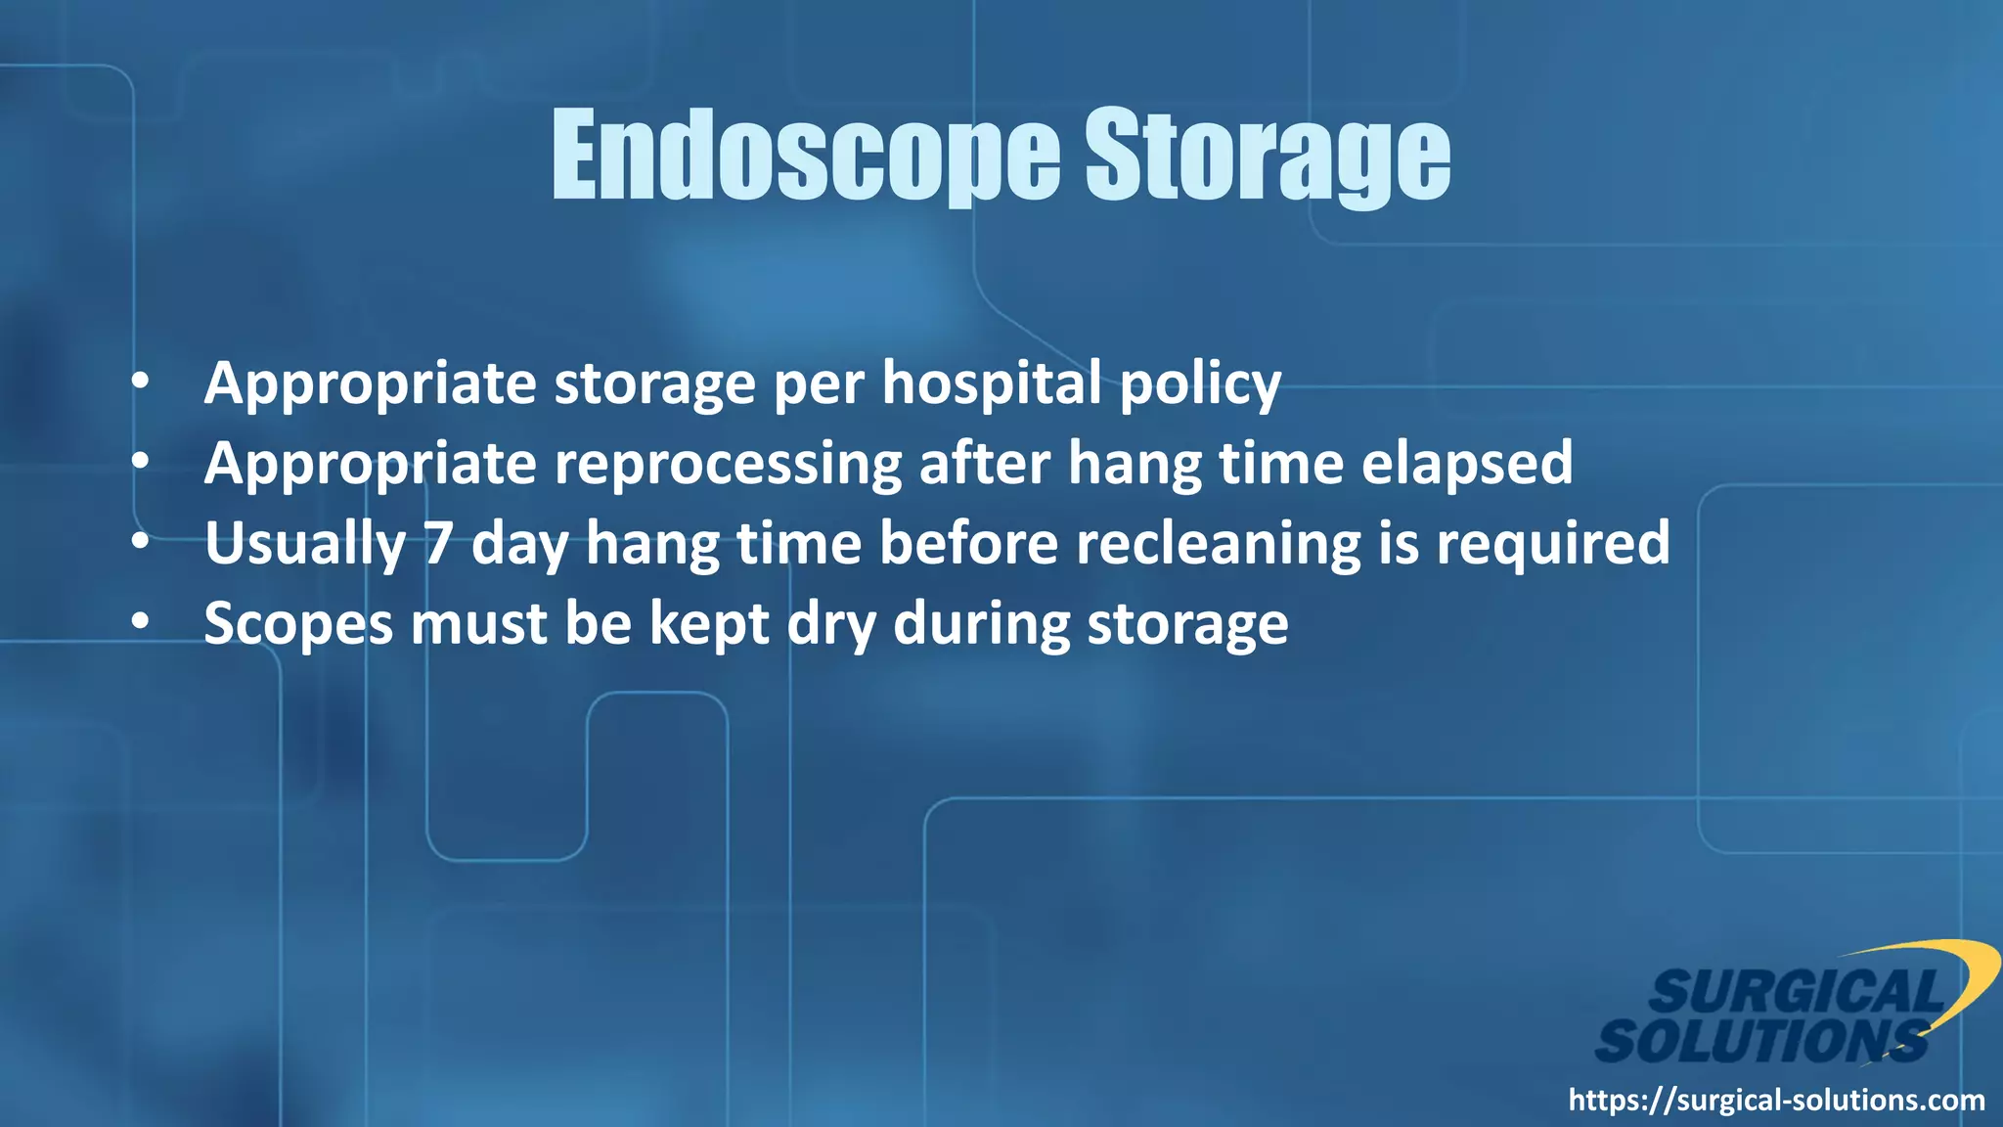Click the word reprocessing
(x=728, y=464)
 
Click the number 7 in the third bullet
(x=438, y=544)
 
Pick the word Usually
(x=304, y=544)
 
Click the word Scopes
(x=297, y=624)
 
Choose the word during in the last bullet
(x=981, y=624)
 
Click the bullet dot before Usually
(x=141, y=541)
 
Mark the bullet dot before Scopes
(x=141, y=621)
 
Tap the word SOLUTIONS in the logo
(x=1760, y=1041)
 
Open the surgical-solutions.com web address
(x=1776, y=1101)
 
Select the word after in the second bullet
(x=984, y=464)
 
